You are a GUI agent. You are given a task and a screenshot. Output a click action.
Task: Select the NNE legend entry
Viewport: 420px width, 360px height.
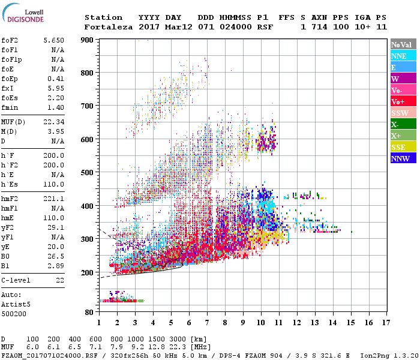point(403,56)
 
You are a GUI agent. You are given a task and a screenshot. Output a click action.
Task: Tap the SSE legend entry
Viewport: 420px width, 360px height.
point(403,147)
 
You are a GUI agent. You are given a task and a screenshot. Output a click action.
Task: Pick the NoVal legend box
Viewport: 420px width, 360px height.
point(403,44)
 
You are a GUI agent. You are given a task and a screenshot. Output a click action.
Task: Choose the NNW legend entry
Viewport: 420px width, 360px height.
point(403,158)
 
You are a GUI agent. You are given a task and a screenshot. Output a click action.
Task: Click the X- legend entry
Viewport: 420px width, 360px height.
point(403,124)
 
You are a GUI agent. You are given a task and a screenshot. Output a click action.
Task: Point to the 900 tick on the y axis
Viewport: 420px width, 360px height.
point(88,40)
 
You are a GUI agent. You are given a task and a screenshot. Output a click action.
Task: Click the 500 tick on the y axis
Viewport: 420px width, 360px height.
point(88,173)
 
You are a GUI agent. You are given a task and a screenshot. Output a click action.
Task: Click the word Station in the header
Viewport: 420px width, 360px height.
point(103,17)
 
